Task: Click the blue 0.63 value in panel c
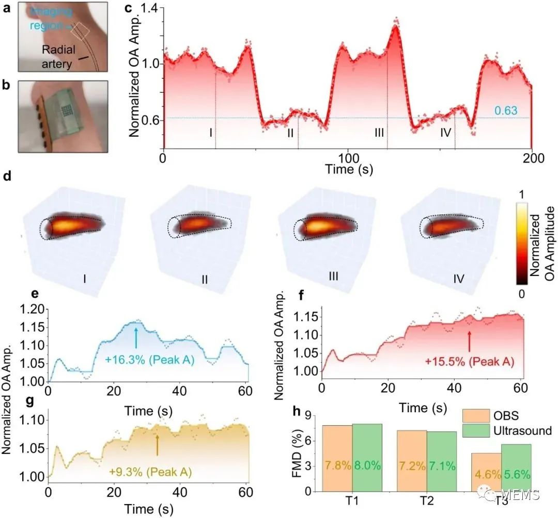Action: (x=505, y=110)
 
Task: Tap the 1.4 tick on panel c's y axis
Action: (x=146, y=8)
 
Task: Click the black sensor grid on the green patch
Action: (x=66, y=109)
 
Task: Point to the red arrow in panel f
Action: (x=469, y=341)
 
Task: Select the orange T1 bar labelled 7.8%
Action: (x=337, y=458)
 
